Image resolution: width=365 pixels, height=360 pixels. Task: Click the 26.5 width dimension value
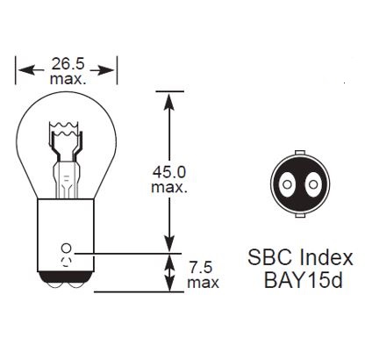click(x=68, y=64)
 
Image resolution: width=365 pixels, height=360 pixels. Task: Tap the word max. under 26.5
click(x=68, y=79)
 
